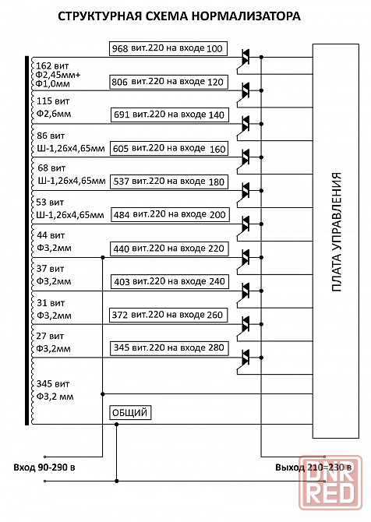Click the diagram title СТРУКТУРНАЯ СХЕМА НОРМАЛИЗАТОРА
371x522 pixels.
179,16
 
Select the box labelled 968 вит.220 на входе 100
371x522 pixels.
168,48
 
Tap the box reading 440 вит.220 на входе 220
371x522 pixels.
169,249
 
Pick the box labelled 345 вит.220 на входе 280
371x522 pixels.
169,348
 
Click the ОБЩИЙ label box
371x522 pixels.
130,413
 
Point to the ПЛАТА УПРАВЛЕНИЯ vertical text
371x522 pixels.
337,232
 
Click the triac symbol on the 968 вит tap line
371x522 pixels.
245,58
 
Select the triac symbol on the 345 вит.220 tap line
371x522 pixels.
245,358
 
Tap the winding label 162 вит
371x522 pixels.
52,65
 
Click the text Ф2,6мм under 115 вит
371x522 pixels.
54,114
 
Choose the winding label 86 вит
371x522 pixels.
51,136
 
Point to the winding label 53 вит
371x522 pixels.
50,203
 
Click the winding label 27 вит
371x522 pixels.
50,337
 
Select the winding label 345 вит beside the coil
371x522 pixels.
53,384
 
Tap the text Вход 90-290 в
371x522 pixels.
44,467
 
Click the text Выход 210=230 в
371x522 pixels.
313,467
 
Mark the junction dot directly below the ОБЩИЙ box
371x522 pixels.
116,424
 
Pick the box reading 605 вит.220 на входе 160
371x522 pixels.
169,149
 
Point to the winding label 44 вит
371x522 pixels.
51,235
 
